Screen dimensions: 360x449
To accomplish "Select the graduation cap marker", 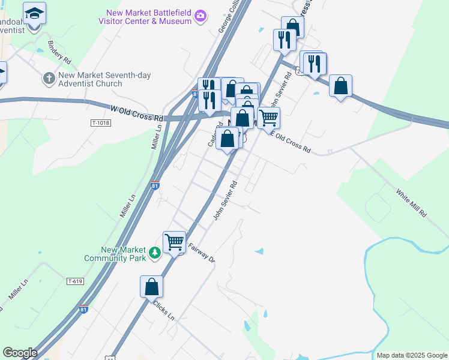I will (34, 13).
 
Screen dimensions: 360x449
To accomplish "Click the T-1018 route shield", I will (101, 123).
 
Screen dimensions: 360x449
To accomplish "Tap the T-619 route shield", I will (75, 281).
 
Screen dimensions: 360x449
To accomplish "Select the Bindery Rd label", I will (59, 52).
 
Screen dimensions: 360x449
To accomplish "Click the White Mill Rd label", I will (411, 204).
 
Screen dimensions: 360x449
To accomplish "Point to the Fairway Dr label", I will (202, 252).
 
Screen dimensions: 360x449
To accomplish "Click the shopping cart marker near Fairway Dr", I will (174, 242).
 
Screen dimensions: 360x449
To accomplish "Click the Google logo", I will (19, 353).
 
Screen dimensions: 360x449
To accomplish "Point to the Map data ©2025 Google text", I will (412, 355).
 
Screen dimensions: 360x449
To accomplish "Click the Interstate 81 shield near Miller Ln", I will (155, 187).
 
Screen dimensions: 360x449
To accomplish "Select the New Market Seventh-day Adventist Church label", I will (104, 79).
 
